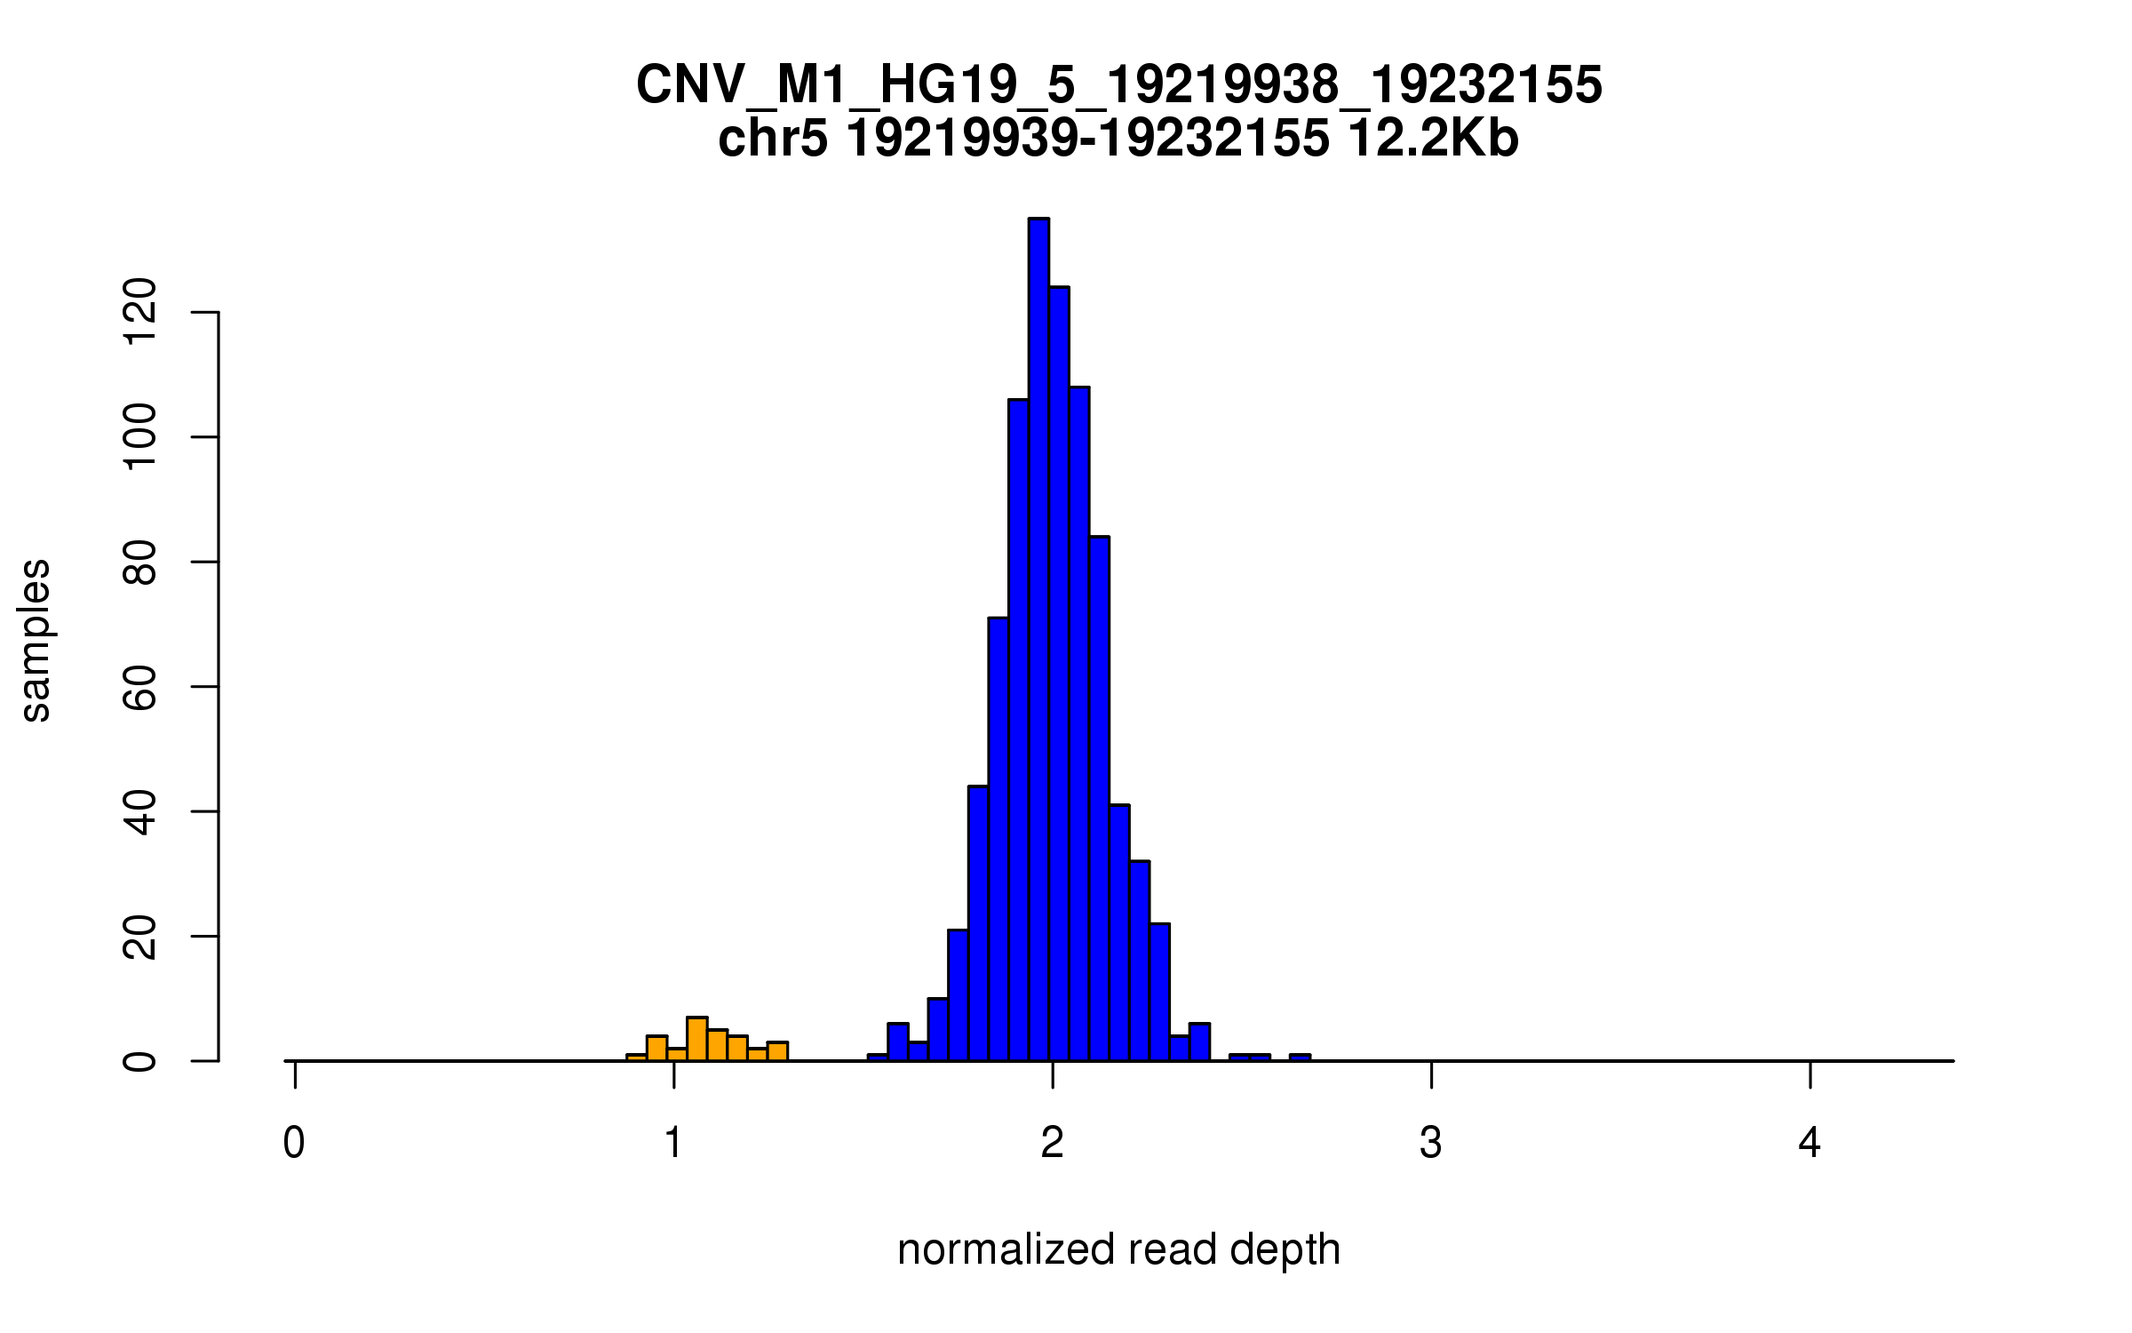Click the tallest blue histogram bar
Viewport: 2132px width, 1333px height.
point(1038,640)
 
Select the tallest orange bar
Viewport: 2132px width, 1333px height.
point(697,1039)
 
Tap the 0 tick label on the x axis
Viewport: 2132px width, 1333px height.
point(294,1143)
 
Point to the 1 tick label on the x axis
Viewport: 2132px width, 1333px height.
point(673,1143)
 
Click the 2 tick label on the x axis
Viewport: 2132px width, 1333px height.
point(1053,1143)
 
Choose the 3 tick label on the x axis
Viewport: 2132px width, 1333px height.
point(1431,1143)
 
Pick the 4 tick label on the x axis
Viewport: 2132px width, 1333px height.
point(1810,1143)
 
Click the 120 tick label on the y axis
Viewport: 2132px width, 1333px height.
point(140,312)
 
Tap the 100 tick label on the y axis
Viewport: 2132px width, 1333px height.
point(140,437)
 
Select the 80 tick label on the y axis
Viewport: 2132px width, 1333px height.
point(140,563)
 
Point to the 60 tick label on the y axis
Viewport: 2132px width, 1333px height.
point(140,687)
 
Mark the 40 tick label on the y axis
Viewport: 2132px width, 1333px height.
point(140,811)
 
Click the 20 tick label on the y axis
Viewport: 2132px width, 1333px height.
point(140,937)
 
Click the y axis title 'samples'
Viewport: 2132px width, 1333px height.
point(36,641)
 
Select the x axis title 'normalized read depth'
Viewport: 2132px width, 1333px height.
point(1118,1249)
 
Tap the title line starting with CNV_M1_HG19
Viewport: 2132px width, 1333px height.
point(1118,85)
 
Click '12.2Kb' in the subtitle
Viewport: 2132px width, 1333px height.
point(1432,139)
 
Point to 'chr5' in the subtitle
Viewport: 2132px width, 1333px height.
point(773,139)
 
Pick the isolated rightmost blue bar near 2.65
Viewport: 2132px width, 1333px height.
point(1300,1058)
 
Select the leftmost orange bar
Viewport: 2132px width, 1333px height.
point(636,1058)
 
